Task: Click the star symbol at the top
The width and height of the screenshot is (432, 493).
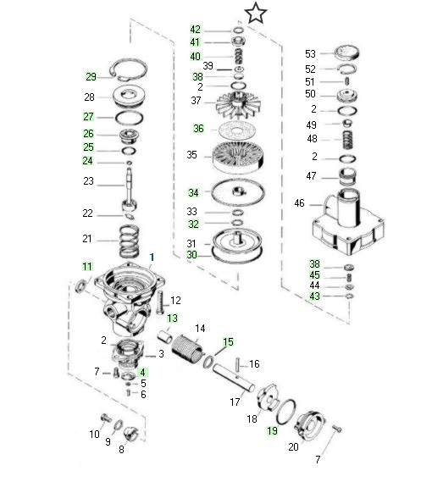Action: click(x=255, y=14)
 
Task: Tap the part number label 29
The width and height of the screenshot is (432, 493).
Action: click(x=91, y=77)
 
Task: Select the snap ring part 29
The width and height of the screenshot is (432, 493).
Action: click(x=145, y=69)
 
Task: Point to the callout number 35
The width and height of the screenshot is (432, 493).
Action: click(x=191, y=155)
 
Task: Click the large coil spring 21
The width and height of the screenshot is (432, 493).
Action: click(x=129, y=241)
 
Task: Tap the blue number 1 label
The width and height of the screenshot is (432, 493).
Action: click(x=152, y=258)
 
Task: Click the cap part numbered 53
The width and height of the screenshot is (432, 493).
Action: click(x=346, y=53)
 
